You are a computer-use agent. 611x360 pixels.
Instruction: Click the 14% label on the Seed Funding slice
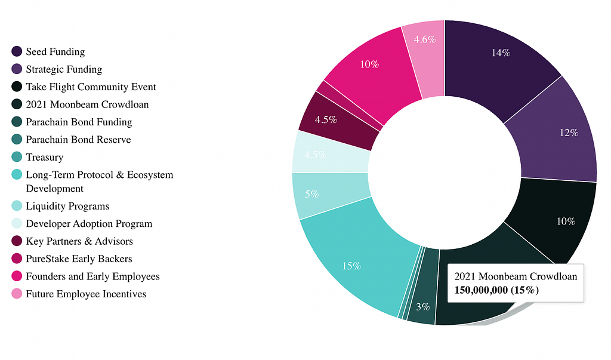pyautogui.click(x=501, y=53)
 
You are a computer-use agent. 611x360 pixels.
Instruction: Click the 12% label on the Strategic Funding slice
pyautogui.click(x=569, y=133)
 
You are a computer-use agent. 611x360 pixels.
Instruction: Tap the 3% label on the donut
pyautogui.click(x=423, y=307)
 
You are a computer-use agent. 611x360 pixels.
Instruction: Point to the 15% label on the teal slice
pyautogui.click(x=351, y=266)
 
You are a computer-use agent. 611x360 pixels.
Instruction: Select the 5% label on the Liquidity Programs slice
pyautogui.click(x=311, y=194)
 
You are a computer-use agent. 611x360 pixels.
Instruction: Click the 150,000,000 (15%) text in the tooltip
pyautogui.click(x=497, y=290)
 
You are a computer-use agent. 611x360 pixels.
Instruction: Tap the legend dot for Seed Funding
pyautogui.click(x=17, y=52)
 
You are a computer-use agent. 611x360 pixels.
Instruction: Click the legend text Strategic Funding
pyautogui.click(x=64, y=69)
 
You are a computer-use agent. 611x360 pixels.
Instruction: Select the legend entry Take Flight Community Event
pyautogui.click(x=91, y=87)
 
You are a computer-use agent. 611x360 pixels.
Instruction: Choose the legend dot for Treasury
pyautogui.click(x=17, y=157)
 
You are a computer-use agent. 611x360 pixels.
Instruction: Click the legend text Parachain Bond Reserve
pyautogui.click(x=78, y=140)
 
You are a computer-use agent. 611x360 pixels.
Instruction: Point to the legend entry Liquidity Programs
pyautogui.click(x=67, y=206)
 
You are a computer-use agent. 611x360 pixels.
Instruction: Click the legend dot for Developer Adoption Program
pyautogui.click(x=17, y=223)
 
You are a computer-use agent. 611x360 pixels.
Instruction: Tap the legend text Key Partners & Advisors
pyautogui.click(x=79, y=241)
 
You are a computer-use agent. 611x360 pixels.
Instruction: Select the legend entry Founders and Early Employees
pyautogui.click(x=92, y=276)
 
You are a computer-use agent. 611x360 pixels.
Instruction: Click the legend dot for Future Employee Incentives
pyautogui.click(x=17, y=294)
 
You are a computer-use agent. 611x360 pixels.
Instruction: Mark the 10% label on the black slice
pyautogui.click(x=566, y=221)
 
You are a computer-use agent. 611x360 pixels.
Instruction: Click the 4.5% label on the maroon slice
pyautogui.click(x=326, y=119)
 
